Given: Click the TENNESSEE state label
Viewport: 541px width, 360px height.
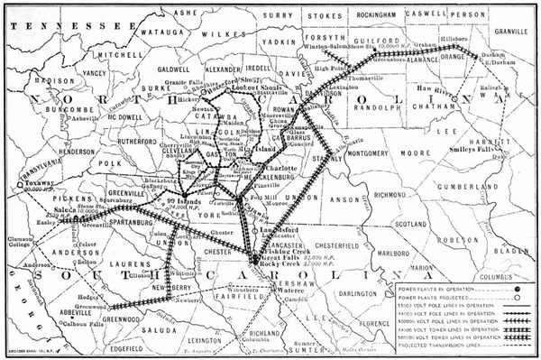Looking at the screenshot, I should (54, 26).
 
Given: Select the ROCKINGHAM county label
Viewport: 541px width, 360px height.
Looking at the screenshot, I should (372, 14).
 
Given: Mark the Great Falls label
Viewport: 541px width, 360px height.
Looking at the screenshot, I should (283, 258).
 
